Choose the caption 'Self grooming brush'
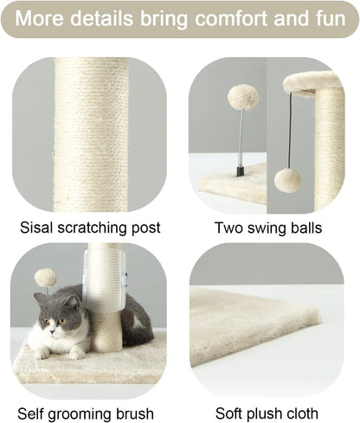[x=86, y=413]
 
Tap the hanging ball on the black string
[x=287, y=180]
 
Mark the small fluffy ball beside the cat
[x=45, y=278]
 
